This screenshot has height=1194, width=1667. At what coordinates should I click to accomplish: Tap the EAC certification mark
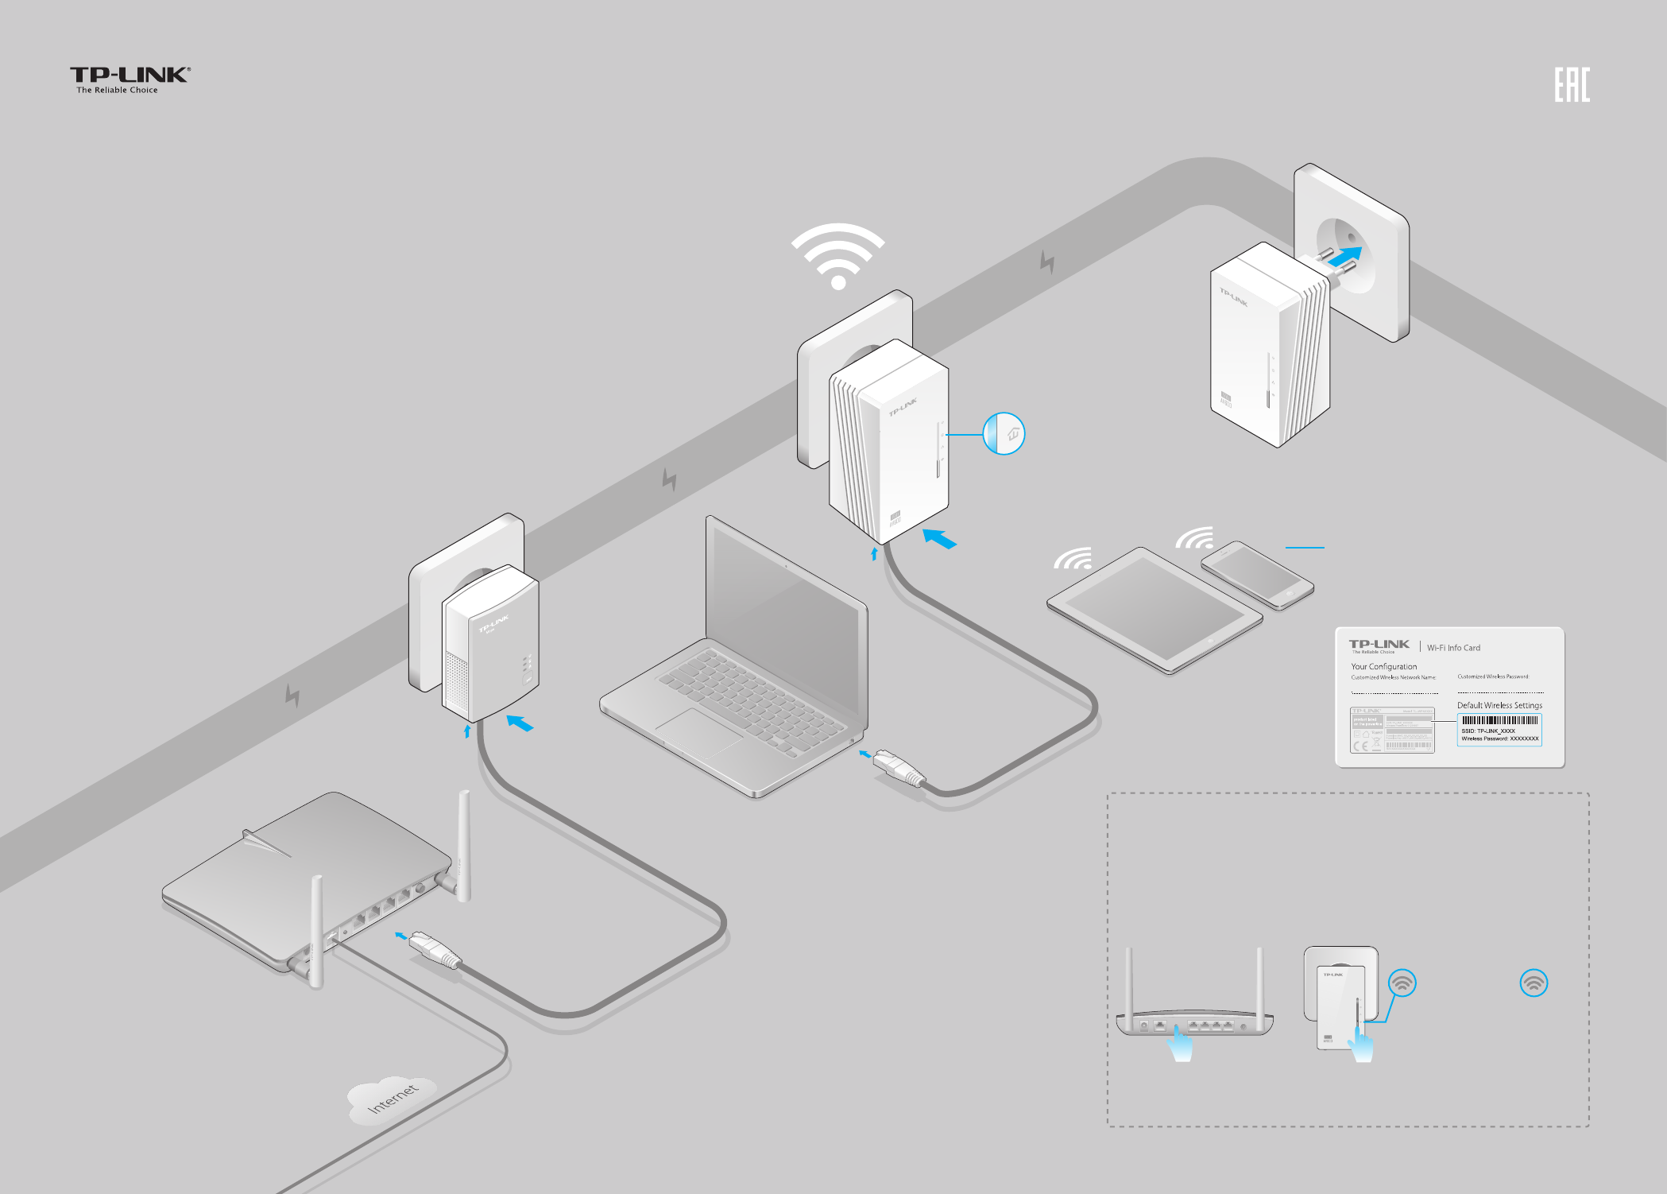coord(1572,85)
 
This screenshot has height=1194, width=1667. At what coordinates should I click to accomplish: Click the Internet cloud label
coord(393,1098)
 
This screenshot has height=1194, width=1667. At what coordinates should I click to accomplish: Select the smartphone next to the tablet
coord(1256,575)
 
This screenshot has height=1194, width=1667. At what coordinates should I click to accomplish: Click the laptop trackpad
coord(699,729)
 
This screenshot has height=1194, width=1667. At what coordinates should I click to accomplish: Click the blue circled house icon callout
coord(1004,434)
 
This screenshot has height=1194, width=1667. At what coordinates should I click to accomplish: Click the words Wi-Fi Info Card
coord(1453,648)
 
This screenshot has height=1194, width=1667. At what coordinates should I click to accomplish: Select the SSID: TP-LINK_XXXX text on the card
coord(1488,731)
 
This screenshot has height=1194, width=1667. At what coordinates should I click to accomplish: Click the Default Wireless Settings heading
coord(1499,705)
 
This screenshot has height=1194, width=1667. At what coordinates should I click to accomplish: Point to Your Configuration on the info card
coord(1383,667)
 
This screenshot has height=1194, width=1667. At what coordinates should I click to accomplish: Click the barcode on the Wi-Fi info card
coord(1499,720)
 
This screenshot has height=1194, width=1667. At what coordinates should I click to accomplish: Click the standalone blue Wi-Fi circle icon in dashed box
coord(1534,983)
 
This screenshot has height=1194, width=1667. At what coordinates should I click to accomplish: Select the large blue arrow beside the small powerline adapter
coord(520,723)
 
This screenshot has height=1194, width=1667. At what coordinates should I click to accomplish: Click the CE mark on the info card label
coord(1361,746)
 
